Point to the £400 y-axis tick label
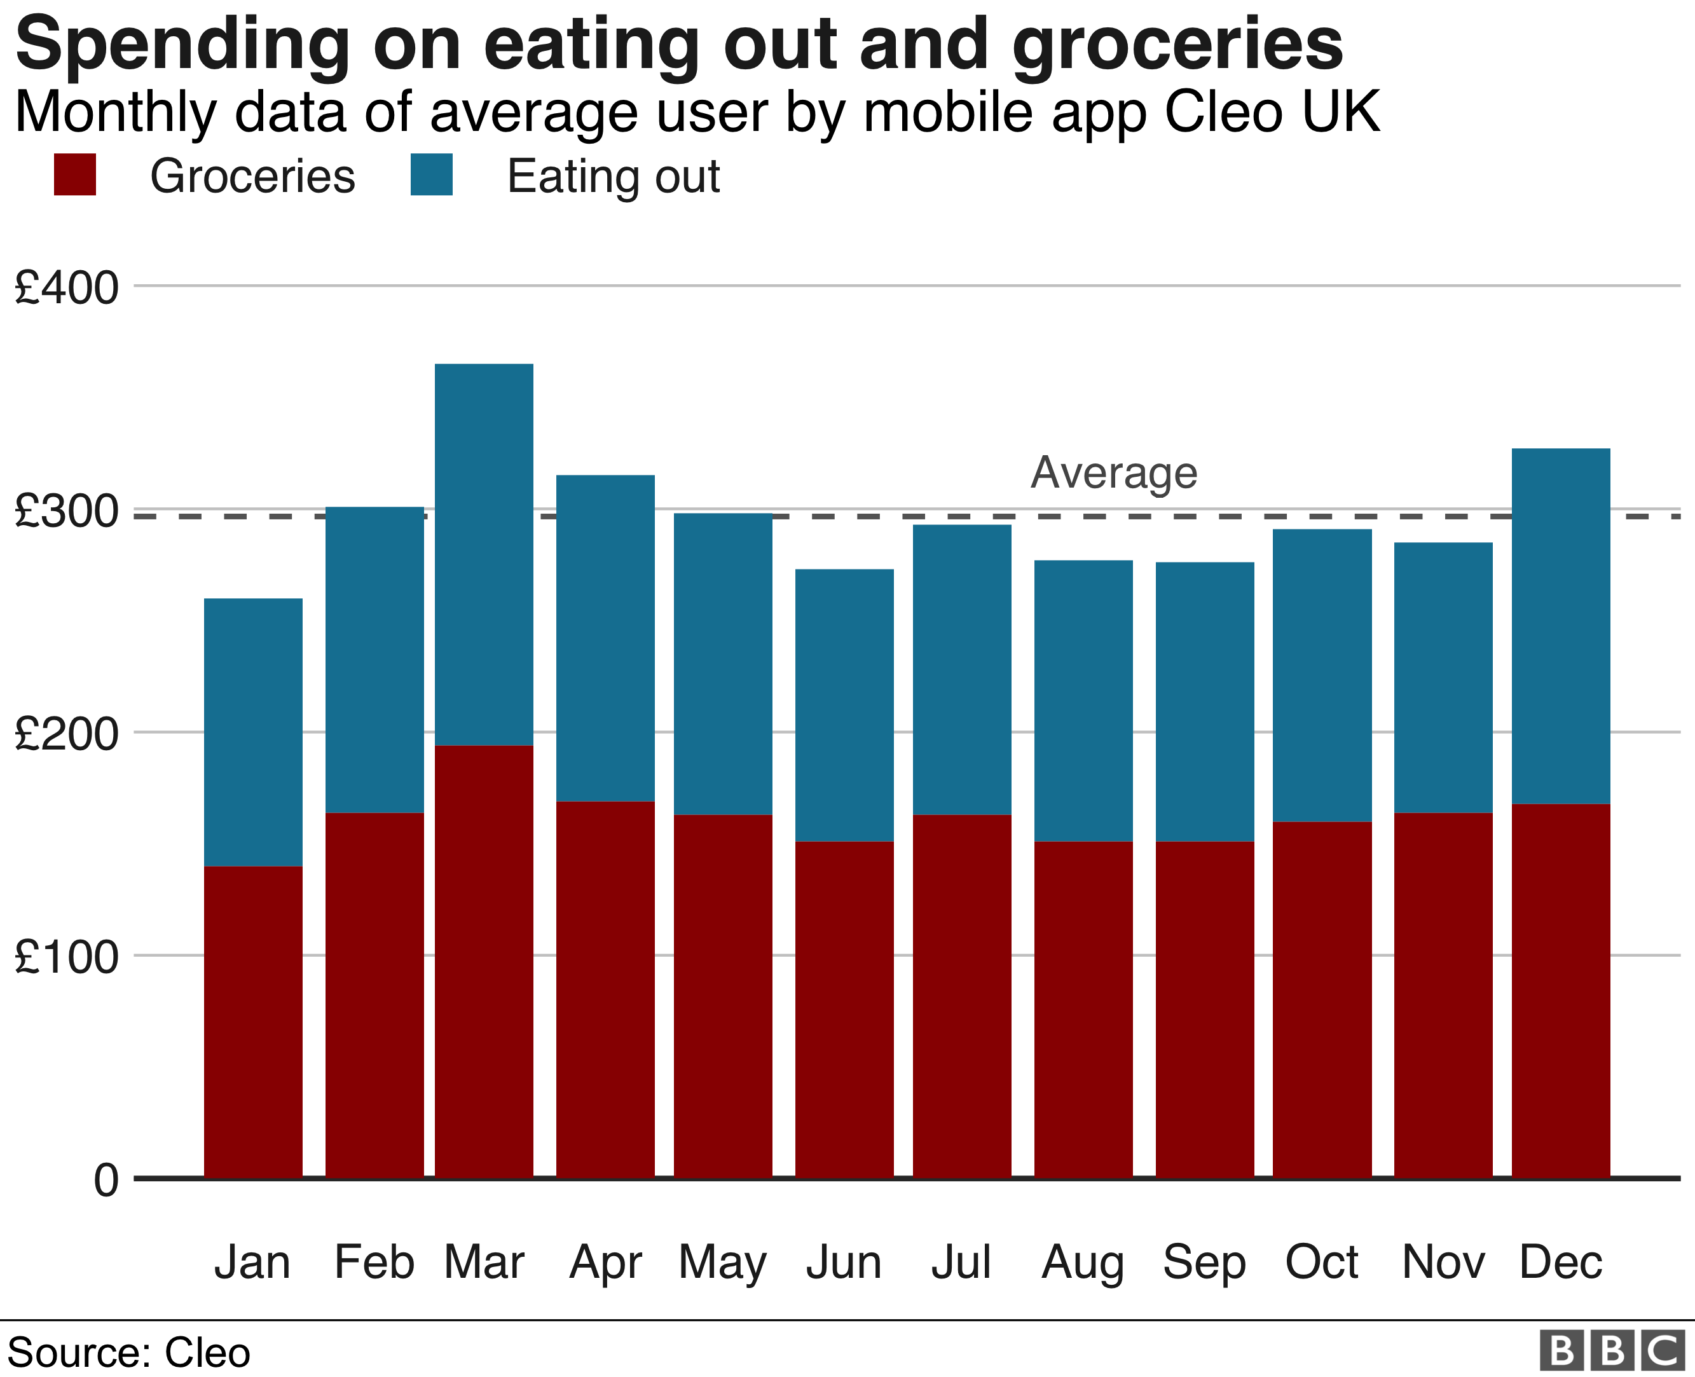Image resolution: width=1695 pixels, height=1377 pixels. point(67,287)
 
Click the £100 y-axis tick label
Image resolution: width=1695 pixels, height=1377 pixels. point(67,957)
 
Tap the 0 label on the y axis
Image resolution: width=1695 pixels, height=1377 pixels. point(106,1181)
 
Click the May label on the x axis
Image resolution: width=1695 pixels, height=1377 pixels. point(723,1263)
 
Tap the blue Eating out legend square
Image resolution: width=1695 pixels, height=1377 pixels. point(432,174)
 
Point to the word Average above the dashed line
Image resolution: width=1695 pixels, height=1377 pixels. point(1114,474)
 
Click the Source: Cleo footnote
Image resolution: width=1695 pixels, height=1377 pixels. point(128,1352)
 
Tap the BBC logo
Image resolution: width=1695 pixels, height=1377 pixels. point(1612,1350)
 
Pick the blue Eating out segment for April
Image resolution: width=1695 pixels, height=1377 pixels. point(605,638)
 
